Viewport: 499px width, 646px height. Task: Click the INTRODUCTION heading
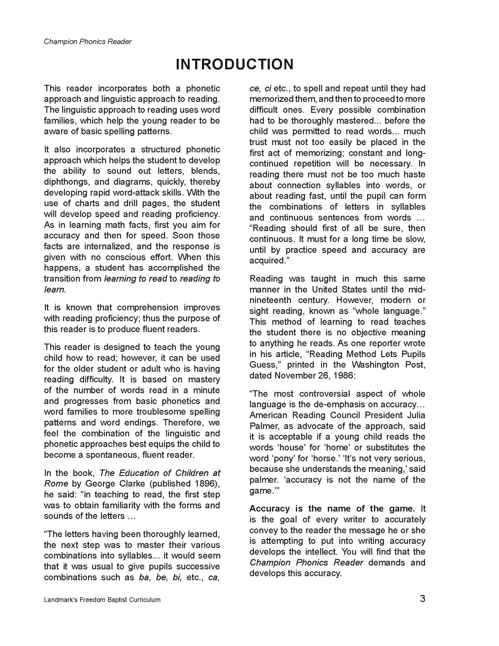pos(234,65)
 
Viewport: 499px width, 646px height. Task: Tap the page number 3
pos(422,599)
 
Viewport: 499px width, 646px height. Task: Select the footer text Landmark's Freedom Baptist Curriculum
pos(102,600)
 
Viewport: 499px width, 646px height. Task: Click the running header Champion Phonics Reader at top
pos(88,42)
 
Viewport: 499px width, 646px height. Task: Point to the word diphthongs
pos(65,182)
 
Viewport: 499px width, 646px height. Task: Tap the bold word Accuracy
pos(270,509)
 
